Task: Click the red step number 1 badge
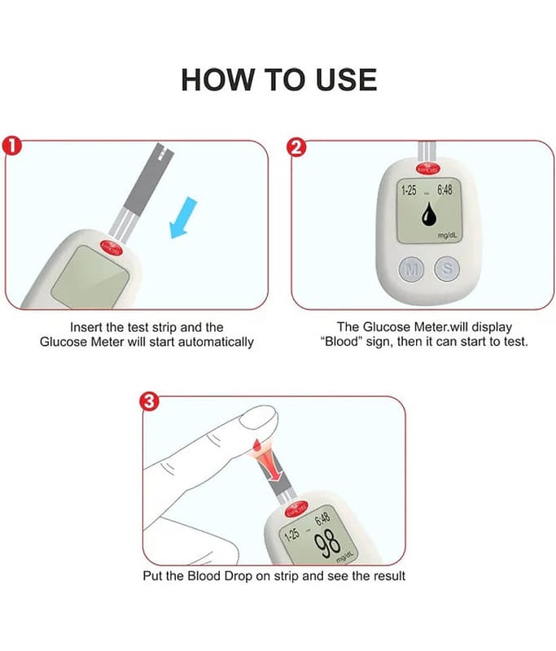pos(12,146)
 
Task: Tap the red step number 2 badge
pos(296,147)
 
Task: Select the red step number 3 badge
pos(149,401)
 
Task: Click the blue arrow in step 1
pos(183,217)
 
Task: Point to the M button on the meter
pos(411,269)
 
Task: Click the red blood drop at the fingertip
pos(257,445)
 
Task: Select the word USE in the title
pos(346,80)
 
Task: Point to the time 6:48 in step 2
pos(444,190)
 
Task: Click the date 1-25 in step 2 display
pos(409,190)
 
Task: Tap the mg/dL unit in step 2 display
pos(448,235)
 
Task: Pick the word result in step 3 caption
pos(389,576)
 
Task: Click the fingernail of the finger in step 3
pos(258,417)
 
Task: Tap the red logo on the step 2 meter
pos(427,169)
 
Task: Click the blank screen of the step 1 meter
pos(90,277)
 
